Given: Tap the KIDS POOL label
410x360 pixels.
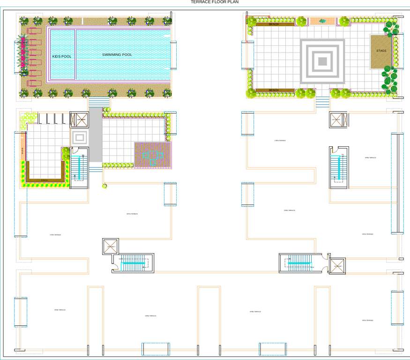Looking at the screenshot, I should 62,56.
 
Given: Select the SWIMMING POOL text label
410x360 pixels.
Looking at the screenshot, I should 117,55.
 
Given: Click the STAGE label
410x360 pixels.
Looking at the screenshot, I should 381,51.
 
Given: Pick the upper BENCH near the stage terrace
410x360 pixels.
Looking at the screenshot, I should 274,24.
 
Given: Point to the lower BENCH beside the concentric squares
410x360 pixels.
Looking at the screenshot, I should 274,90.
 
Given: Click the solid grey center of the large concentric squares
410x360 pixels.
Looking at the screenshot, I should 322,61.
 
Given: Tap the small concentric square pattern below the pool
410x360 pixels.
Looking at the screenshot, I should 79,138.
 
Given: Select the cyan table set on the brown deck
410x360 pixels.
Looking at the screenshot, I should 153,157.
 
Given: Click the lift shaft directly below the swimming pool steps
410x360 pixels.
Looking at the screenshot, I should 78,120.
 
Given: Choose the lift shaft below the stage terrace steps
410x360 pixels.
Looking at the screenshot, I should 337,120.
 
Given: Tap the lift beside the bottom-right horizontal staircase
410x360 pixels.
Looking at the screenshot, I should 337,266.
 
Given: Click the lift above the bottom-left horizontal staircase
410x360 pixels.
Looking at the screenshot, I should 111,247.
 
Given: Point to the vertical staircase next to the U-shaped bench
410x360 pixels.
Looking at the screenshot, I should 79,167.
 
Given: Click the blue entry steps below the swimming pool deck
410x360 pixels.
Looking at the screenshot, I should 99,102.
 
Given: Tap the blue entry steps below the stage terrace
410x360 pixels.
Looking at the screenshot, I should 322,102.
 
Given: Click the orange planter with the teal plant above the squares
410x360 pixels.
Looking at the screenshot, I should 322,21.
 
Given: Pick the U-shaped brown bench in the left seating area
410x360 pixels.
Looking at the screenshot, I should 45,179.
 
